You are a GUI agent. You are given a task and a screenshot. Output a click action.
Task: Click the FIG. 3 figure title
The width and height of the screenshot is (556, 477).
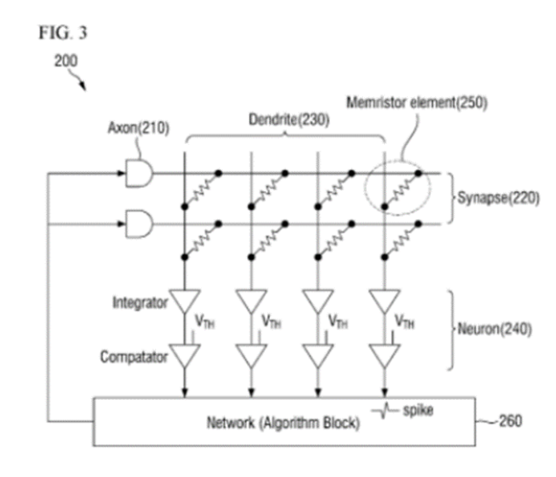[x=63, y=33]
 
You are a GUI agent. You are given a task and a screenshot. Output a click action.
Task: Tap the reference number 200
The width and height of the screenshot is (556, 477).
[x=66, y=61]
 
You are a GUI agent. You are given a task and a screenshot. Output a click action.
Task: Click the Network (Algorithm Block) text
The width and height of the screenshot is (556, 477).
[x=283, y=424]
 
